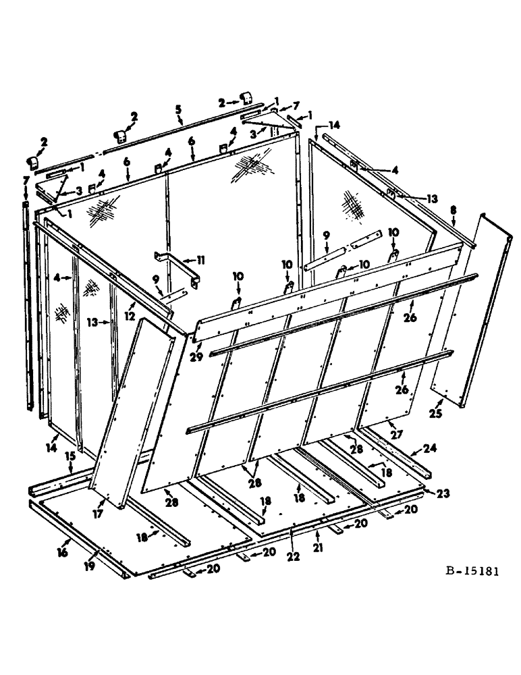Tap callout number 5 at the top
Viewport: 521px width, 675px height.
point(179,109)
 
